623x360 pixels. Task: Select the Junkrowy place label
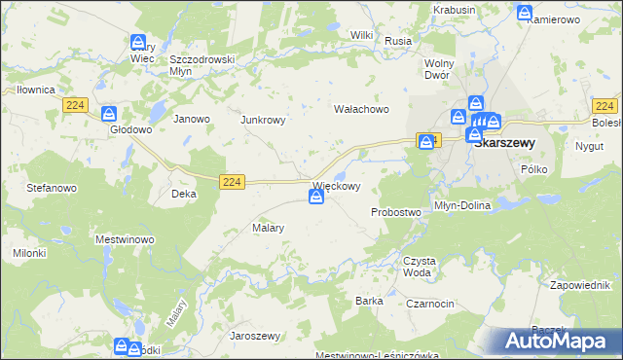[262, 121]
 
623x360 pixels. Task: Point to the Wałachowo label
[362, 109]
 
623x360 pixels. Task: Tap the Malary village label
[268, 228]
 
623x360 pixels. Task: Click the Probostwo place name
[395, 212]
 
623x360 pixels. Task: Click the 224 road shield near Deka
[231, 181]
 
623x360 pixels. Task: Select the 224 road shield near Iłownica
[74, 104]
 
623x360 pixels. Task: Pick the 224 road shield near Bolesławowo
[605, 105]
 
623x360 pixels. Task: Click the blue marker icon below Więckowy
[316, 198]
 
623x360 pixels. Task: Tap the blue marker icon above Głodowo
[108, 113]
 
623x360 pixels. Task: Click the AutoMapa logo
[560, 341]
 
